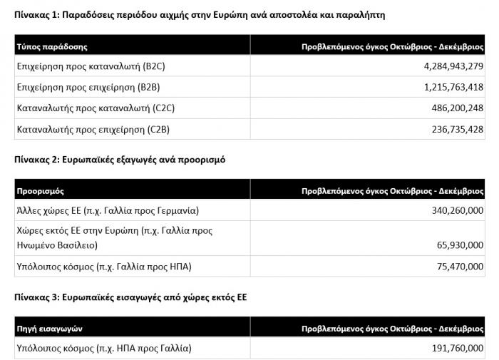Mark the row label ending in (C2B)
[93, 129]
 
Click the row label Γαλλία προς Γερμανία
[107, 211]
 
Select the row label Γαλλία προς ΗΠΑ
[103, 267]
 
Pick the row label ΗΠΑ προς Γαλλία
[103, 349]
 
